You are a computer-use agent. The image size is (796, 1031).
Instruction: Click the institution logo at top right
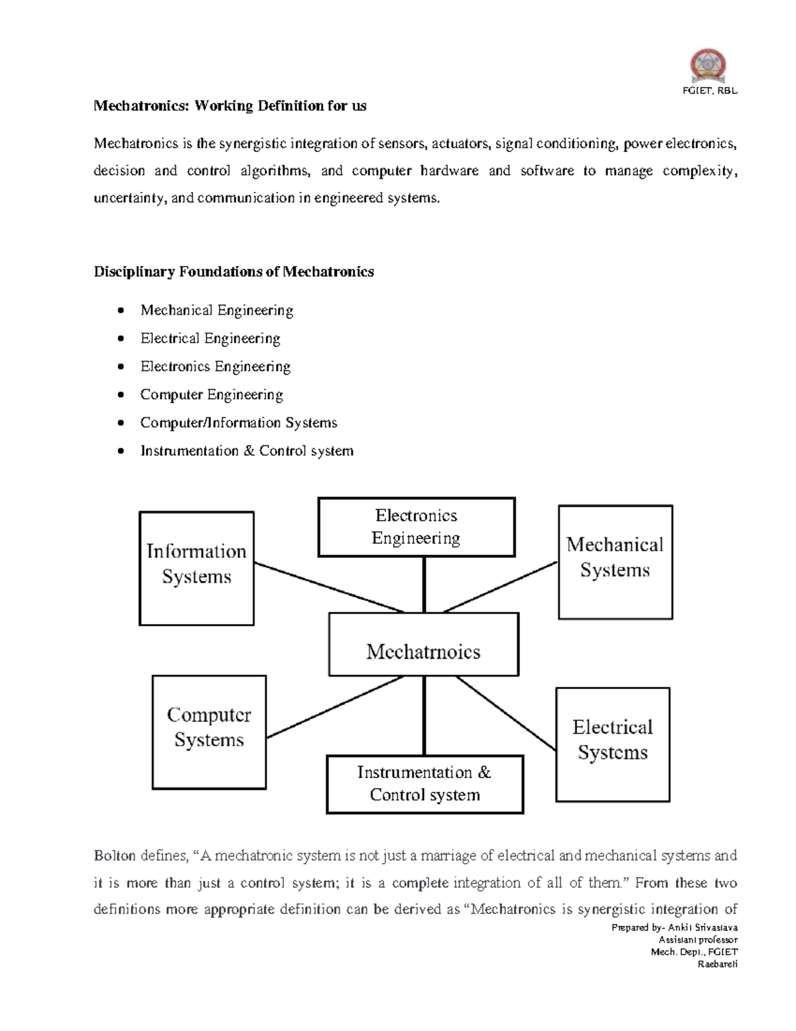pyautogui.click(x=708, y=66)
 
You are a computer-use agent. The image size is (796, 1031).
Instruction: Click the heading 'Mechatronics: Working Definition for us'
pyautogui.click(x=230, y=106)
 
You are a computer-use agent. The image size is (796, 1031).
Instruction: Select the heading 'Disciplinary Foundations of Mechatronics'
pyautogui.click(x=233, y=272)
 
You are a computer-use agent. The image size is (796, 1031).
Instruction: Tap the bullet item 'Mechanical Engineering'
pyautogui.click(x=216, y=310)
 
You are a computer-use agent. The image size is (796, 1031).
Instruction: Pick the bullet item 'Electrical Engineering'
pyautogui.click(x=210, y=339)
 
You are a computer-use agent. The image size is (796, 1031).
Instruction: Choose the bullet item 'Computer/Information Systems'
pyautogui.click(x=238, y=423)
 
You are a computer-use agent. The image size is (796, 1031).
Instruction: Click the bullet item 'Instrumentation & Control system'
pyautogui.click(x=246, y=451)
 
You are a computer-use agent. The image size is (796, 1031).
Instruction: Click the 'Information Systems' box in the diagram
pyautogui.click(x=196, y=568)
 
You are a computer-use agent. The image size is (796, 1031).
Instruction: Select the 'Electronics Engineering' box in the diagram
pyautogui.click(x=416, y=527)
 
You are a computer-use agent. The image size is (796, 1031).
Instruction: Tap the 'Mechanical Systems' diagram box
pyautogui.click(x=615, y=562)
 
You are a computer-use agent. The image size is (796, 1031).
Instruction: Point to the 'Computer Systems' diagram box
pyautogui.click(x=209, y=732)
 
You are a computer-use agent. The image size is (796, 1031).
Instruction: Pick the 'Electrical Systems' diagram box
pyautogui.click(x=612, y=744)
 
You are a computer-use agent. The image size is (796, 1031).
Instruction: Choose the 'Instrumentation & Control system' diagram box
pyautogui.click(x=425, y=784)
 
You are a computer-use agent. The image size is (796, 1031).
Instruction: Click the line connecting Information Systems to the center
pyautogui.click(x=328, y=588)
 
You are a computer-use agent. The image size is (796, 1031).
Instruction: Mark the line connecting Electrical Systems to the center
pyautogui.click(x=505, y=714)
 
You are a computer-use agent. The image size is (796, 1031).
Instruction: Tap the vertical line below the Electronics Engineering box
pyautogui.click(x=424, y=584)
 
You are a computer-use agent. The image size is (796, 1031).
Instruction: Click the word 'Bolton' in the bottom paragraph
pyautogui.click(x=113, y=856)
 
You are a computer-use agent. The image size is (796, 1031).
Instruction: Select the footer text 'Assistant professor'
pyautogui.click(x=697, y=940)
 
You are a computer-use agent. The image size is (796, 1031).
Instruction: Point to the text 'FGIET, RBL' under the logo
pyautogui.click(x=710, y=91)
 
